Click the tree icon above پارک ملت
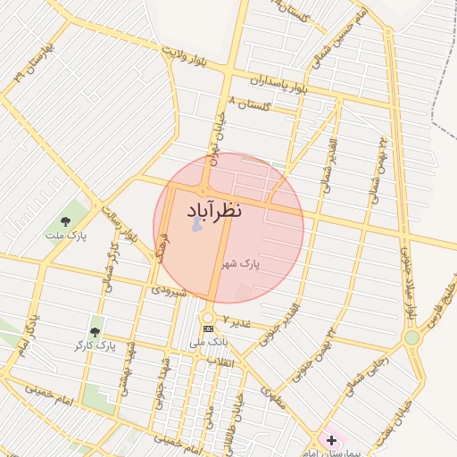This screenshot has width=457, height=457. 65,220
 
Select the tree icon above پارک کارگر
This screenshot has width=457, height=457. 96,331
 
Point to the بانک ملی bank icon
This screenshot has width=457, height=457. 209,329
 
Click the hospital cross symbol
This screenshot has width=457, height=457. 331,440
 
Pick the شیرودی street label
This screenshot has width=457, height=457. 169,290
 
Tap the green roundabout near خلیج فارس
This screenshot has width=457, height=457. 411,337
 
